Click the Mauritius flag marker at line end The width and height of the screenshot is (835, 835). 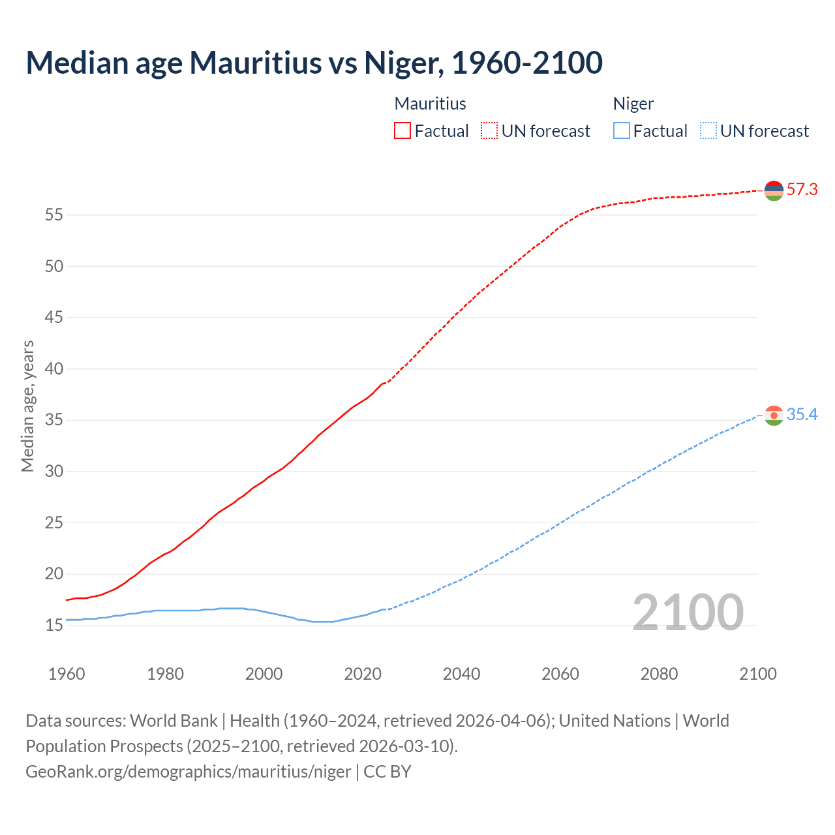point(774,190)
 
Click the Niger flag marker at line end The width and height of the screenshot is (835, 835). point(774,416)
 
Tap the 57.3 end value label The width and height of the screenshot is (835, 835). point(802,190)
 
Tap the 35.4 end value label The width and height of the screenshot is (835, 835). point(802,415)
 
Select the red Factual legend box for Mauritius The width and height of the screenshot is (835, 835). point(402,131)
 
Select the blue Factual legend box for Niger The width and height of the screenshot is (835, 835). point(621,131)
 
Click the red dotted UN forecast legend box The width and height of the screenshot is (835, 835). point(489,131)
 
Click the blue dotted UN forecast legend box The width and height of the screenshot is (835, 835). point(708,131)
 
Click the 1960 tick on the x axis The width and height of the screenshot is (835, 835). point(67,674)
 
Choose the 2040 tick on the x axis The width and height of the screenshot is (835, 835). point(461,674)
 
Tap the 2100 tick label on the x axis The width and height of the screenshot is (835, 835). point(757,674)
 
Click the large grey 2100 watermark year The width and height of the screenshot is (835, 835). point(688,612)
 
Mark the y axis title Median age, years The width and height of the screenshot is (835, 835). point(27,406)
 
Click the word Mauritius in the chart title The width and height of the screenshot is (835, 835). point(255,63)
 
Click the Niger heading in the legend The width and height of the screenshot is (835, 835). point(633,104)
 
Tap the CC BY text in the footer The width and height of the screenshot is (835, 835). point(387,772)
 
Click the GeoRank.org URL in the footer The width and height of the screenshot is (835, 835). point(188,772)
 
